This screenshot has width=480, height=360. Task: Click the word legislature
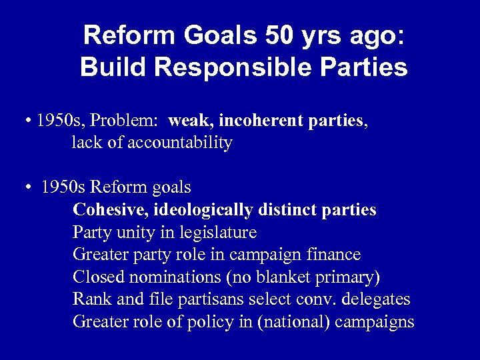point(217,233)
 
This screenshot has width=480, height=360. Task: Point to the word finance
point(333,255)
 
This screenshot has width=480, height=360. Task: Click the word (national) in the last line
point(292,323)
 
